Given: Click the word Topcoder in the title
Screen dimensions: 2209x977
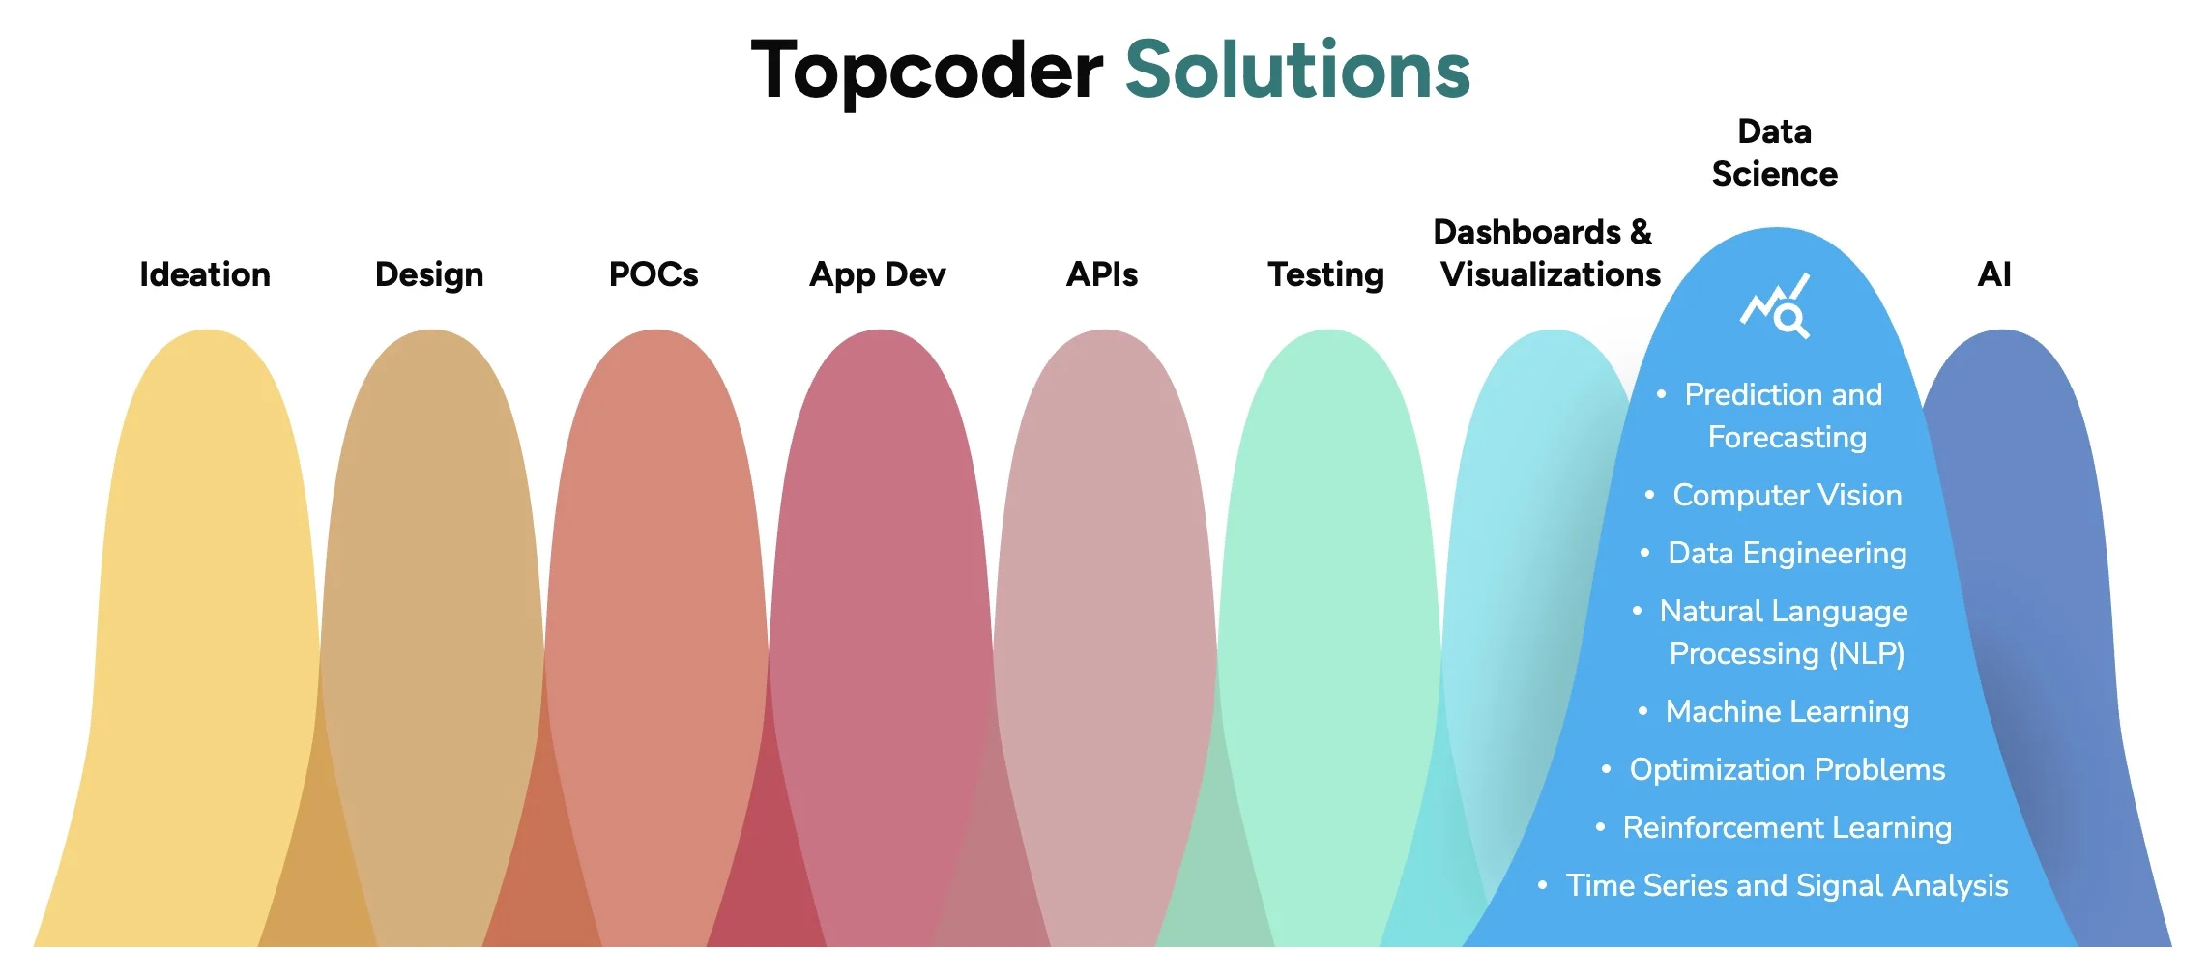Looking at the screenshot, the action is coord(927,71).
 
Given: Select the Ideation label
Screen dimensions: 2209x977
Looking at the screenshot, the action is coord(205,274).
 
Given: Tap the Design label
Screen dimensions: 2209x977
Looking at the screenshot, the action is coord(429,275).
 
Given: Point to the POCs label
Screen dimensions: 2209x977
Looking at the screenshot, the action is coord(654,274).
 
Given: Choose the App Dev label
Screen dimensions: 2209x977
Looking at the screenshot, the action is coord(878,275).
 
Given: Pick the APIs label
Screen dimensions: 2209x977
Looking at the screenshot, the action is coord(1102,274).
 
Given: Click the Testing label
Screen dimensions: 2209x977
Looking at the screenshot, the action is coord(1326,275).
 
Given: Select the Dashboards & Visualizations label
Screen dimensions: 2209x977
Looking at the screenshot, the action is coord(1547,253).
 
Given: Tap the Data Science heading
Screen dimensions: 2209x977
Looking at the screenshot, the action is coord(1775,153).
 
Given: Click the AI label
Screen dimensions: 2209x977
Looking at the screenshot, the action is coord(1994,274).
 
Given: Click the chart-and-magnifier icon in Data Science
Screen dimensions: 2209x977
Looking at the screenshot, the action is coord(1775,305).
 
